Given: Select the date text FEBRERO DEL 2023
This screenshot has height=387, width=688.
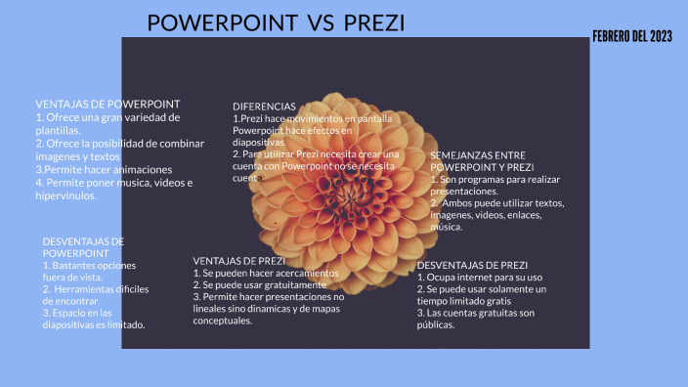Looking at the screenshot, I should click(x=632, y=36).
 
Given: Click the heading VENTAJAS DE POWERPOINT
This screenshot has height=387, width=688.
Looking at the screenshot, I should click(x=107, y=104).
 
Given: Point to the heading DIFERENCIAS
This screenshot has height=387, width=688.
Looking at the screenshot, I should click(x=264, y=107).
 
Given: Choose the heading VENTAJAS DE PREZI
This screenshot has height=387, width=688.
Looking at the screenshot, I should click(x=239, y=261).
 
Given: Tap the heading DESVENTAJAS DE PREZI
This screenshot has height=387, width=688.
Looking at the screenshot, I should click(x=472, y=265).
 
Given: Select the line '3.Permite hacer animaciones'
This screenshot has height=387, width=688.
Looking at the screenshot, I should click(x=96, y=169).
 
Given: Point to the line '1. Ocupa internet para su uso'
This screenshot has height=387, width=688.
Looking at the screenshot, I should click(x=479, y=277).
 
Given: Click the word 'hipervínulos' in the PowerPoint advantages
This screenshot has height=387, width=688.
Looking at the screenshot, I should click(x=66, y=195).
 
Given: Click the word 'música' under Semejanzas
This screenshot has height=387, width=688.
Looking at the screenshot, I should click(x=447, y=227).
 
